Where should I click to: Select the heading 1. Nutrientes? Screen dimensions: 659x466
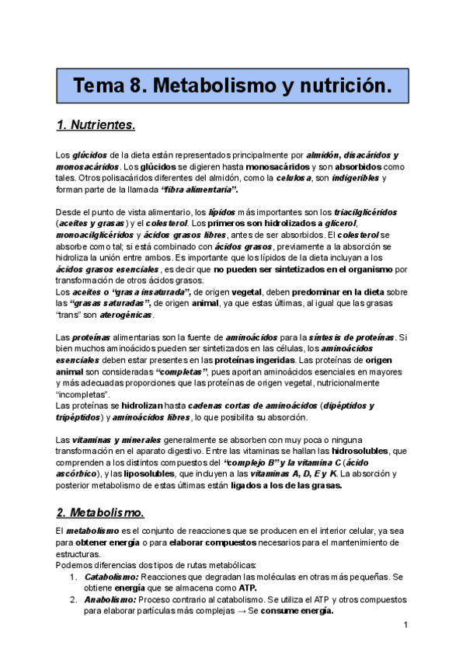click(96, 124)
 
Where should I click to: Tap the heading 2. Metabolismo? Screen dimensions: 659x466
click(100, 513)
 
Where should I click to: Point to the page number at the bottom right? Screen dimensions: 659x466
click(406, 625)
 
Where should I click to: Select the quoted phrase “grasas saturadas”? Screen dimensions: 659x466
click(106, 304)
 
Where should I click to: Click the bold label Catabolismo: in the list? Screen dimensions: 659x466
click(111, 577)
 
